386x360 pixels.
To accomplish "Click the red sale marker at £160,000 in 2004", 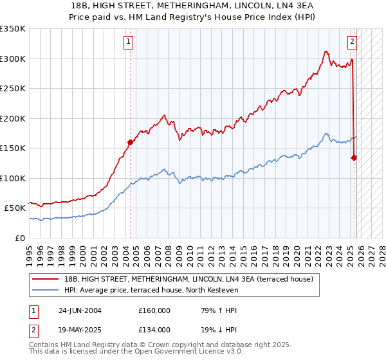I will coord(130,143).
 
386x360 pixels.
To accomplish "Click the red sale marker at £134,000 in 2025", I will coord(354,157).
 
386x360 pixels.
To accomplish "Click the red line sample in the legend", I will coord(46,279).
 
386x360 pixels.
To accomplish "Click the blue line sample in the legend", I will coord(46,291).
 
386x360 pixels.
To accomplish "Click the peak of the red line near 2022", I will coord(327,51).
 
